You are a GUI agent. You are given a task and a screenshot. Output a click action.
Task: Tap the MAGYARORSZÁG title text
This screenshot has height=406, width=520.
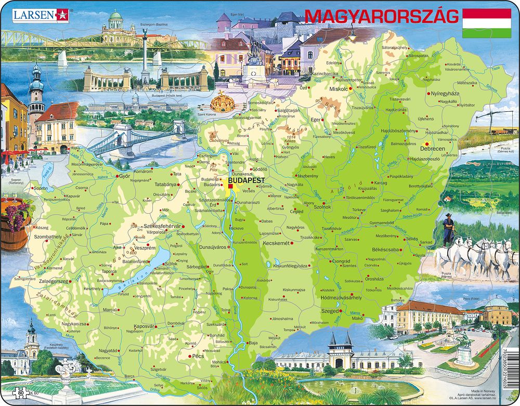pos(381,17)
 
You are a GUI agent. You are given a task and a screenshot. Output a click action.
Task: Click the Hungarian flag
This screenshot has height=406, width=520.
pos(487,22)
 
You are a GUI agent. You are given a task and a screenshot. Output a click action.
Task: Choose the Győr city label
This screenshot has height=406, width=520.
pos(124,176)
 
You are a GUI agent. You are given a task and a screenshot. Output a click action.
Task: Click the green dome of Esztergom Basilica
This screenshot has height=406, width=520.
pos(115,17)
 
